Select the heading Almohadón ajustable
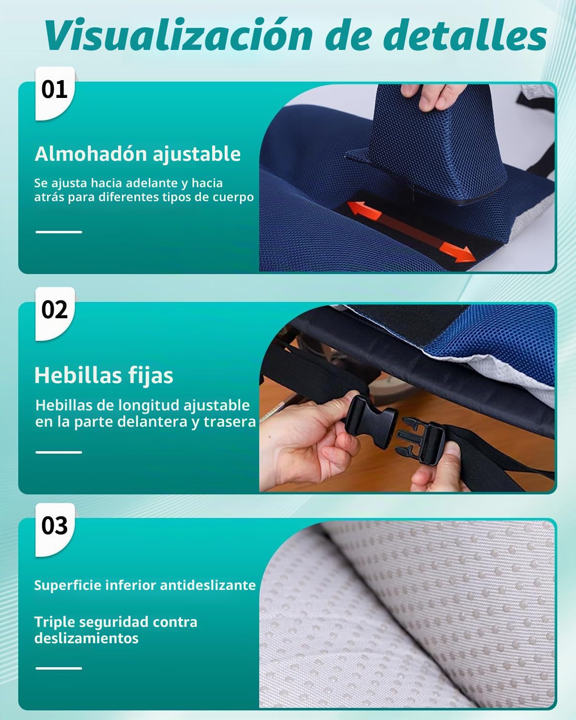138,155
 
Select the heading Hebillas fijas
104,375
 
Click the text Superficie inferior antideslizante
145,585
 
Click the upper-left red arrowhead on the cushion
364,210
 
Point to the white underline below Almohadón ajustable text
59,232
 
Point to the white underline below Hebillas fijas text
59,452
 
